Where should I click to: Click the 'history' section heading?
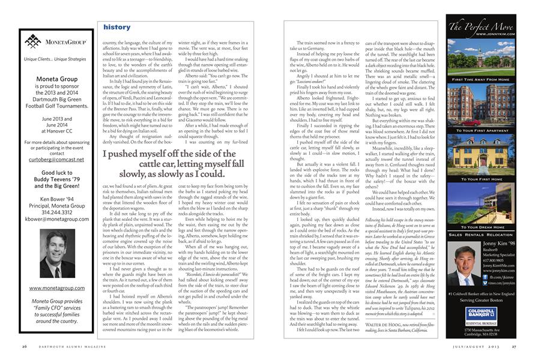coord(116,28)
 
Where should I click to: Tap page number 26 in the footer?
coord(24,346)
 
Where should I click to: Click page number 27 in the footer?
coord(513,346)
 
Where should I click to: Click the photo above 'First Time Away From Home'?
coord(482,59)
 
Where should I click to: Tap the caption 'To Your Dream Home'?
coord(482,227)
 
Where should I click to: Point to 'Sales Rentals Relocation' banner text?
coord(482,235)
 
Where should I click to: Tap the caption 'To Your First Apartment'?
coord(482,130)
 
